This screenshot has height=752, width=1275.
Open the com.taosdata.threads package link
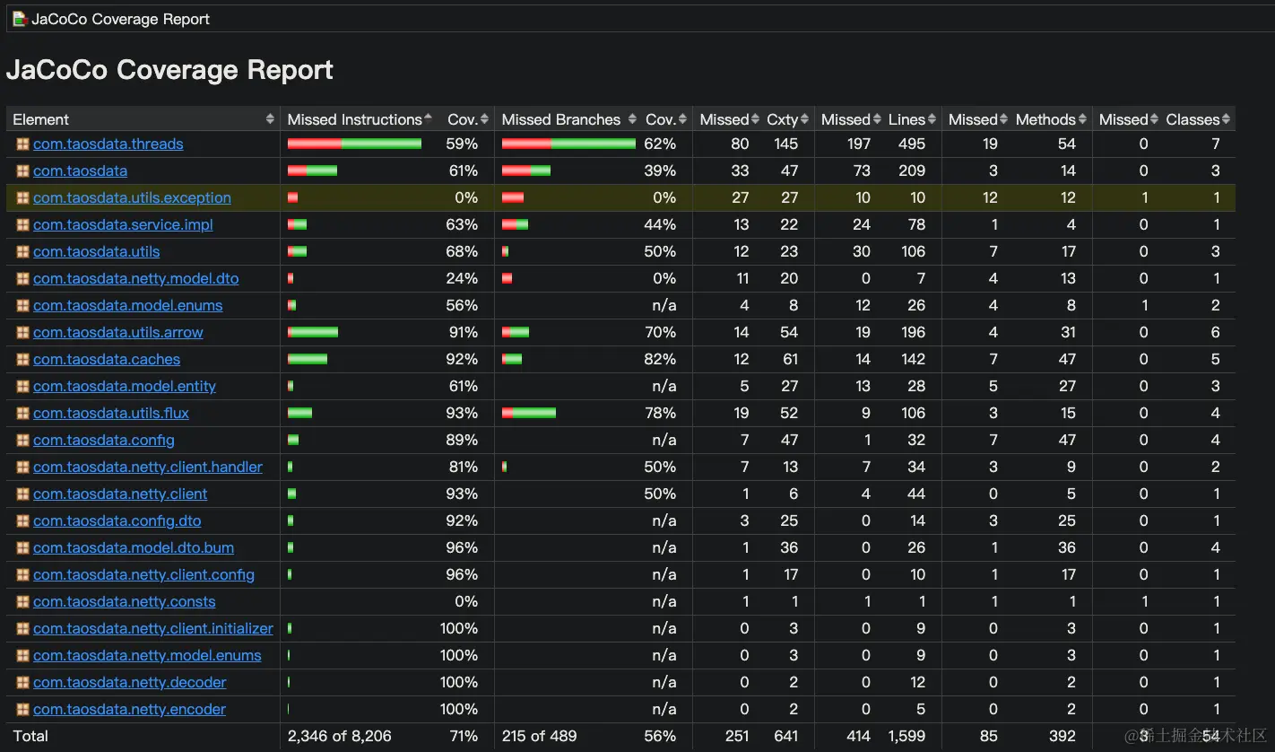coord(108,144)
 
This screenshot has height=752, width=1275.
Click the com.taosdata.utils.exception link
coord(132,198)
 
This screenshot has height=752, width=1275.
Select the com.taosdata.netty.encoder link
coord(129,710)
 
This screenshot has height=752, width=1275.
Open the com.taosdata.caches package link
coord(107,360)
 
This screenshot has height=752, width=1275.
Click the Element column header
coord(41,119)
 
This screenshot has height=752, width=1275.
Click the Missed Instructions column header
coord(354,119)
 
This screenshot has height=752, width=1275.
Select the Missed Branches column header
coord(560,119)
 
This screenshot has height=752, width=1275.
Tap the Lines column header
coord(906,119)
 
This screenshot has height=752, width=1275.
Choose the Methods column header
coord(1045,119)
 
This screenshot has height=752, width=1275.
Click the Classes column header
coord(1192,119)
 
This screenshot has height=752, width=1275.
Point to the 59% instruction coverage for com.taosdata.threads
coord(462,144)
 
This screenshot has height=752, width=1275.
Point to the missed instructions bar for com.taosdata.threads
coord(354,144)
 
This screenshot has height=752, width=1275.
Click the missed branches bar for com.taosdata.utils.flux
coord(529,414)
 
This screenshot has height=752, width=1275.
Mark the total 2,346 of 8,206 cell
coord(339,737)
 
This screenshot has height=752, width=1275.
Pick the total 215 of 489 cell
coord(539,737)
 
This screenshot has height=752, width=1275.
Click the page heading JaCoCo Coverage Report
coord(169,70)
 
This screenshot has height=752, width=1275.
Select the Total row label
coord(30,737)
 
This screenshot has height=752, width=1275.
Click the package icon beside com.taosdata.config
coord(22,441)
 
